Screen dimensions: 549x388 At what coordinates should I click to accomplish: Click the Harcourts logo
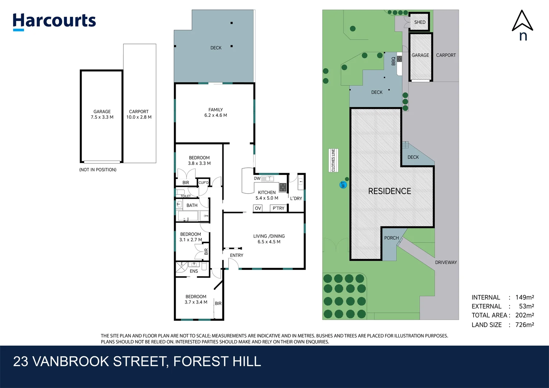[x=54, y=22]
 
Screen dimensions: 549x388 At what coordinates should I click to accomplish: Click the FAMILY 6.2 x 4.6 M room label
[x=216, y=112]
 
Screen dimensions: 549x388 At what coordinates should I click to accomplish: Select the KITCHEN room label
[x=267, y=193]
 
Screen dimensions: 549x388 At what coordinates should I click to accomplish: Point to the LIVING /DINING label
[x=269, y=236]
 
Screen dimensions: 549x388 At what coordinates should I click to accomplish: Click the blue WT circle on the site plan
[x=343, y=185]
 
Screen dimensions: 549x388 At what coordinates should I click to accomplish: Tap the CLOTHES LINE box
[x=333, y=160]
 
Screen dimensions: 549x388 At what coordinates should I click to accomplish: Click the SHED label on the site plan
[x=420, y=22]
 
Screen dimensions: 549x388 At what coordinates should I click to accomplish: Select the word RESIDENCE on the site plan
[x=389, y=191]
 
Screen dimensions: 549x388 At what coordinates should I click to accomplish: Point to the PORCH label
[x=391, y=238]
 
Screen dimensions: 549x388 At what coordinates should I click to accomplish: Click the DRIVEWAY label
[x=446, y=262]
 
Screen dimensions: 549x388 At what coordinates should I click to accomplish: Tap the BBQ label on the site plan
[x=393, y=61]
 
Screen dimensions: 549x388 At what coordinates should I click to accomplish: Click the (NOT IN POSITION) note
[x=98, y=170]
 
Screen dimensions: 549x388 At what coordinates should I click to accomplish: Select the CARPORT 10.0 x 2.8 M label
[x=139, y=114]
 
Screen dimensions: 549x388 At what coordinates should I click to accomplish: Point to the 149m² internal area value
[x=525, y=297]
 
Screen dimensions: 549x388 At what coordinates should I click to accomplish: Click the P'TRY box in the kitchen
[x=278, y=208]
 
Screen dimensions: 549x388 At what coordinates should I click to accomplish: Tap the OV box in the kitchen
[x=258, y=208]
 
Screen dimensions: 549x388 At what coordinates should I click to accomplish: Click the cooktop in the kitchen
[x=283, y=187]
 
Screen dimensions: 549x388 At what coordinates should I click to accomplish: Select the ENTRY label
[x=236, y=255]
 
